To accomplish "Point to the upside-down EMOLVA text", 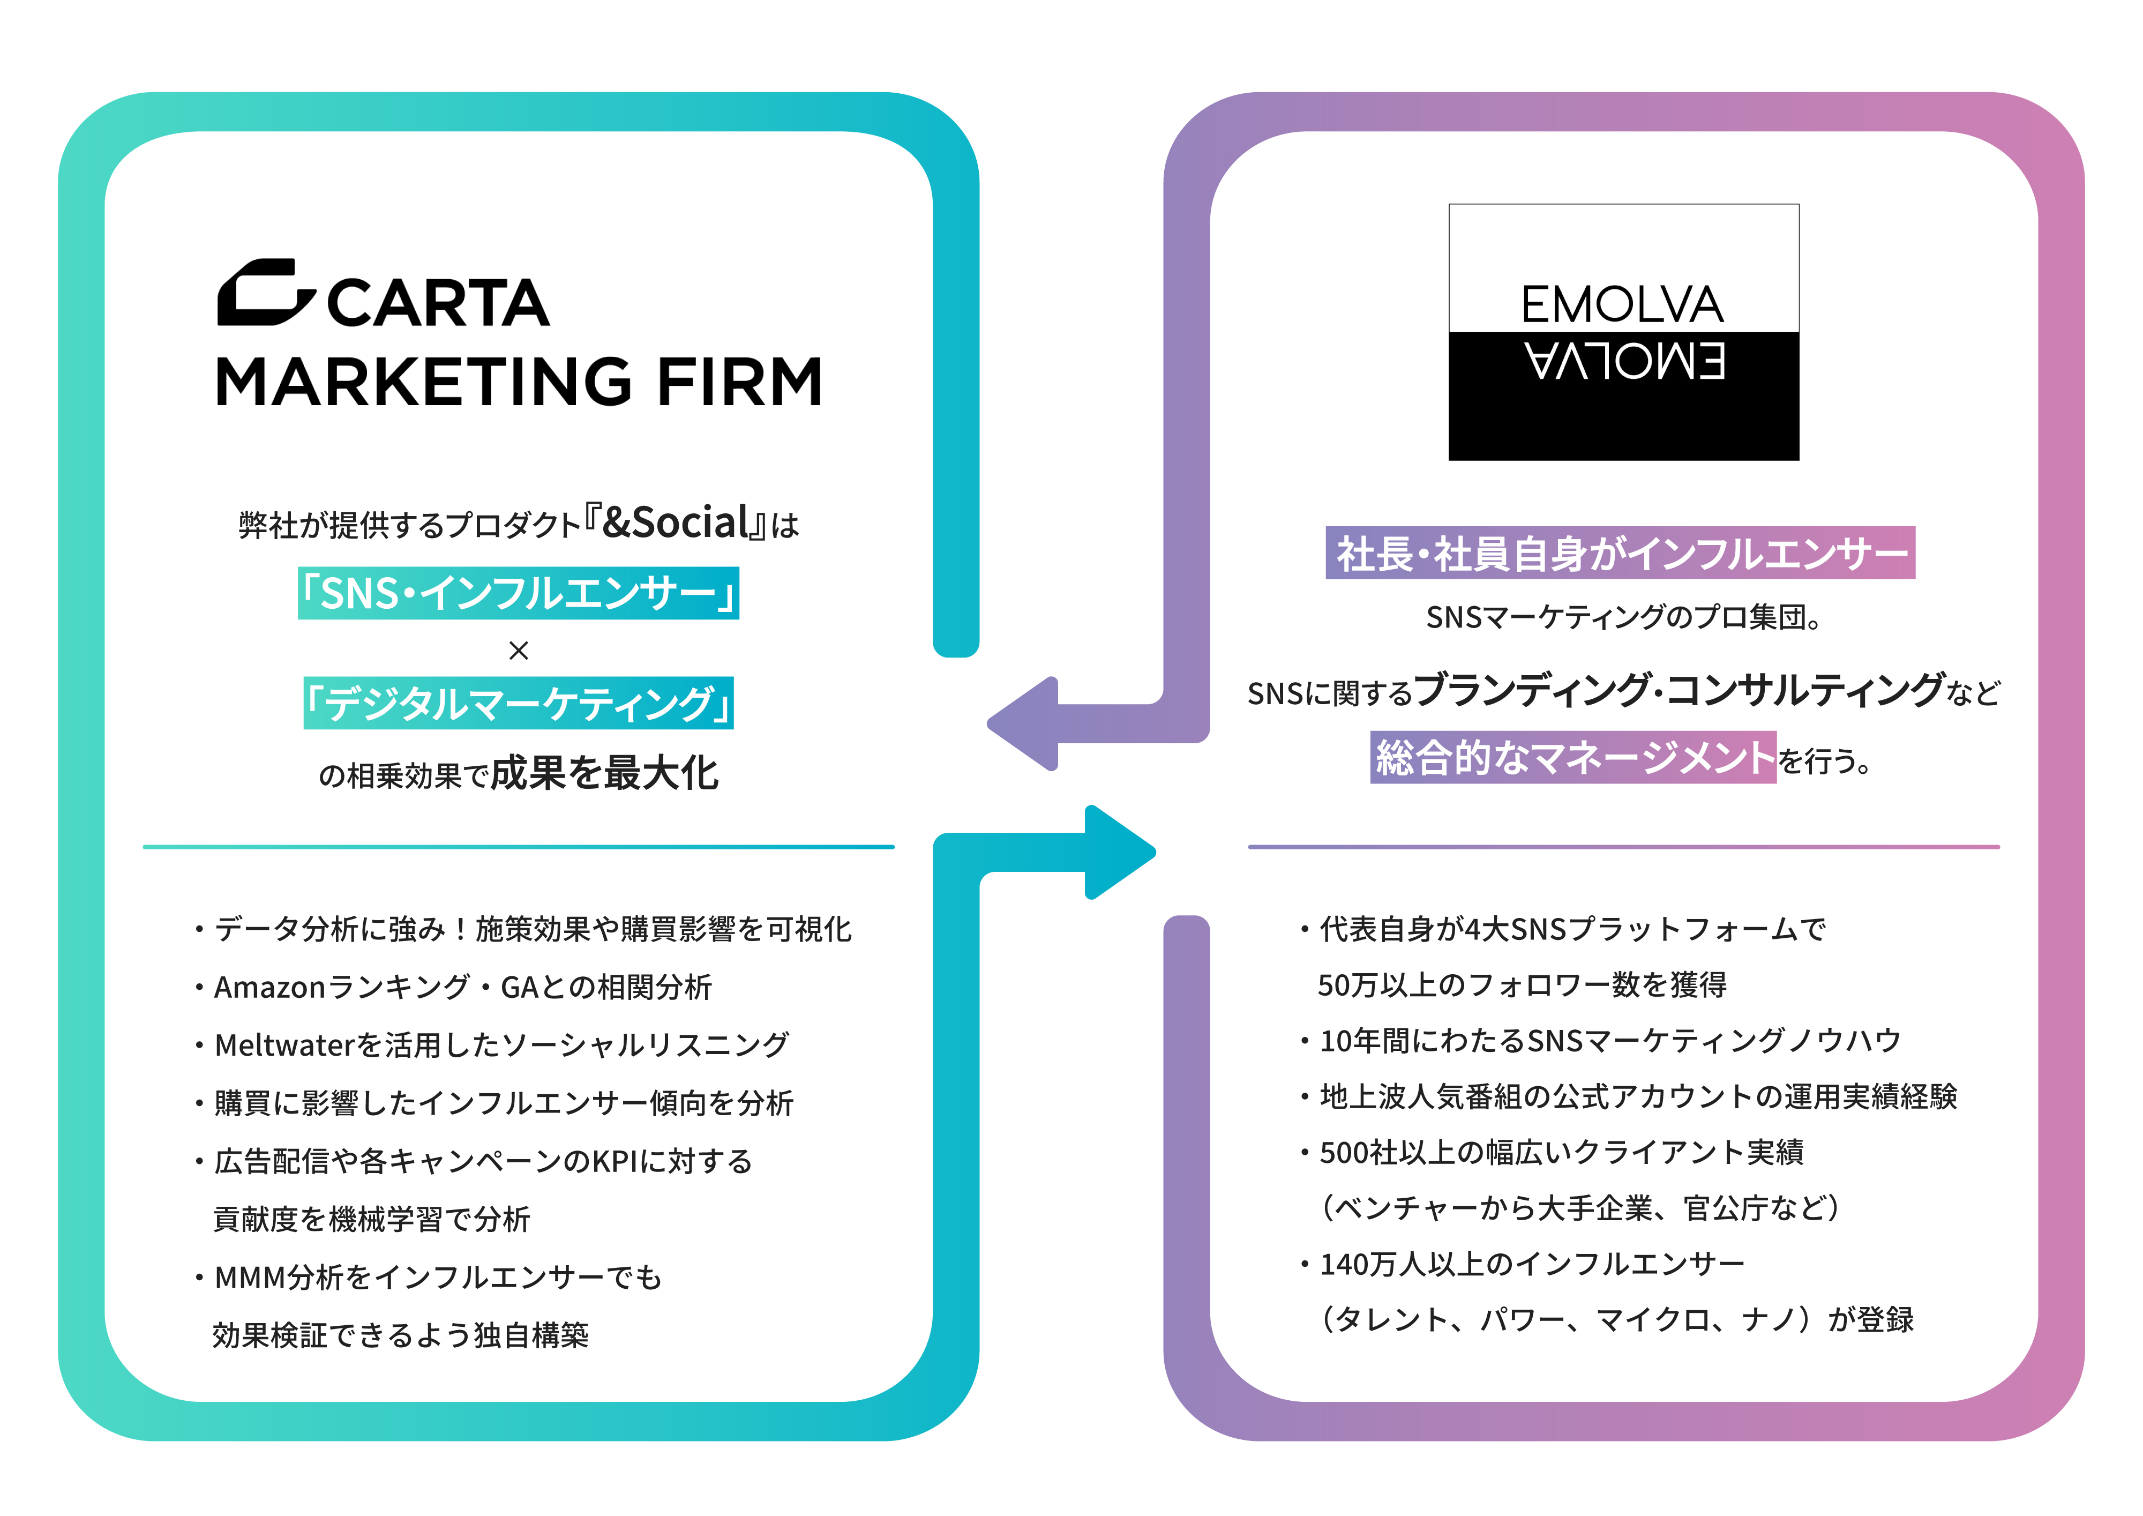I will tap(1624, 362).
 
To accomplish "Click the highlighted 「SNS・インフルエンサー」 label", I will tap(518, 593).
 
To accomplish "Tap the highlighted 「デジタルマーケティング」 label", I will tap(518, 703).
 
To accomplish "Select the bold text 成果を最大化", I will tap(605, 773).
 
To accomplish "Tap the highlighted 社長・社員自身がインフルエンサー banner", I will tap(1620, 552).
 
